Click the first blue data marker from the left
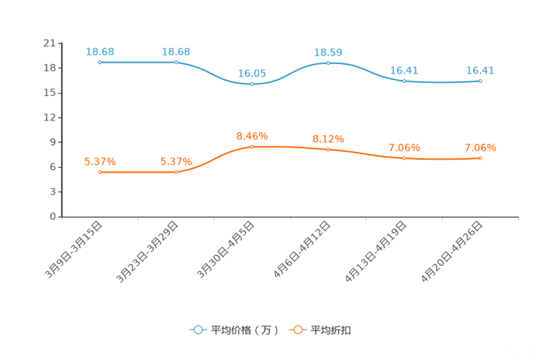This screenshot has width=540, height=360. coord(99,62)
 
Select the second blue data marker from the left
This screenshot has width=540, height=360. coord(176,62)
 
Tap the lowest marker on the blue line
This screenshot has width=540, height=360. coord(252,83)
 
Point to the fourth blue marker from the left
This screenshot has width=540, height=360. coord(328,63)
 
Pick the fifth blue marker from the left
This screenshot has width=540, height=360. coord(404,81)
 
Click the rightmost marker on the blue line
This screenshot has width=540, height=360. coord(480,81)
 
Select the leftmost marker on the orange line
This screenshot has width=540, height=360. coord(99,172)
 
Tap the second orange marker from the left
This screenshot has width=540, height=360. coord(176,172)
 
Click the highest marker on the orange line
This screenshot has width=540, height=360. coord(252,147)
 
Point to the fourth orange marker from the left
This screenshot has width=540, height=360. coord(328,150)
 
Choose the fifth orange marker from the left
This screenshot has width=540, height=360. coord(404,158)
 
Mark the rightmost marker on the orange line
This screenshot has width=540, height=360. coord(480,158)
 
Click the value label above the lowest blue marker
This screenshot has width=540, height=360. coord(252,73)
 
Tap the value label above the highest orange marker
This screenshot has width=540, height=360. coord(252,136)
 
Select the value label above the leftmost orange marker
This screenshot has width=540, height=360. coord(99,161)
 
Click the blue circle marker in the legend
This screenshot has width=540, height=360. coord(197,330)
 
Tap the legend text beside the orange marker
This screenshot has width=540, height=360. coord(331,330)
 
